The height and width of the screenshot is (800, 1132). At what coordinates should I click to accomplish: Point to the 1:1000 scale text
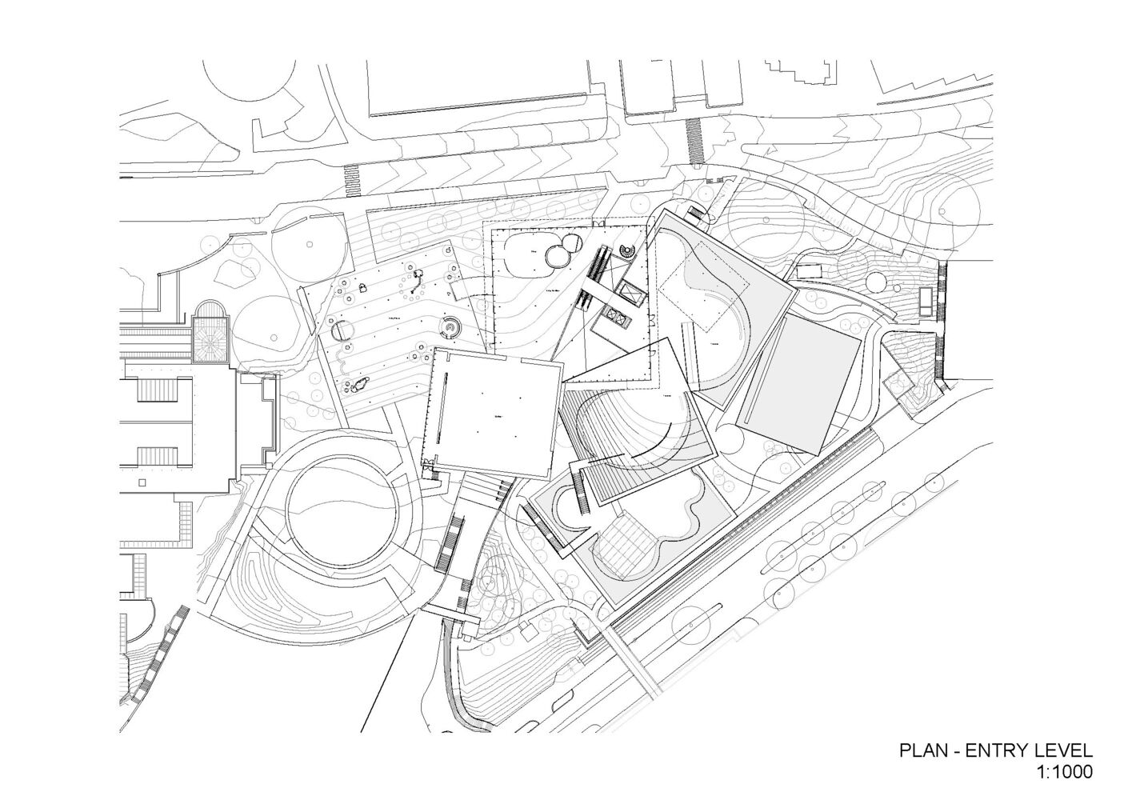(x=1064, y=773)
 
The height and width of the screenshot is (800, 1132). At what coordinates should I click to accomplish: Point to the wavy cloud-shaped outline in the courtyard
(x=672, y=520)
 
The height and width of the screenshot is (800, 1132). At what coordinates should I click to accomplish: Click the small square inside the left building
(x=142, y=483)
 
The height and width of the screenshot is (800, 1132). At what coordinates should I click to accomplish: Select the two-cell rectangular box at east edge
(x=926, y=300)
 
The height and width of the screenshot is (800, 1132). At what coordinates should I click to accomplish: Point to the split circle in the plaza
(x=342, y=330)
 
